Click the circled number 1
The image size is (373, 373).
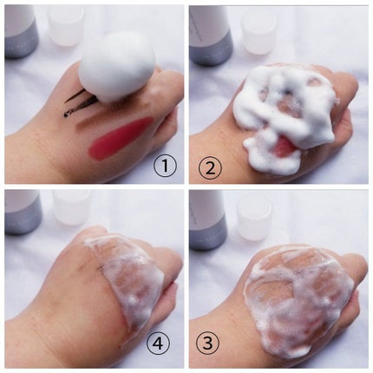165,165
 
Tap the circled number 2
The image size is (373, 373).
210,168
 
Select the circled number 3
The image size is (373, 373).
208,344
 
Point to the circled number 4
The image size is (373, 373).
158,344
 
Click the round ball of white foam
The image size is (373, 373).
117,67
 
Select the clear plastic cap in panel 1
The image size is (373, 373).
66,25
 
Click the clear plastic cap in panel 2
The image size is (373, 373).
258,30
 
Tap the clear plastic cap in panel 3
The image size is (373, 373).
254,220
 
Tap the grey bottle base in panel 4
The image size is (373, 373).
23,217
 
